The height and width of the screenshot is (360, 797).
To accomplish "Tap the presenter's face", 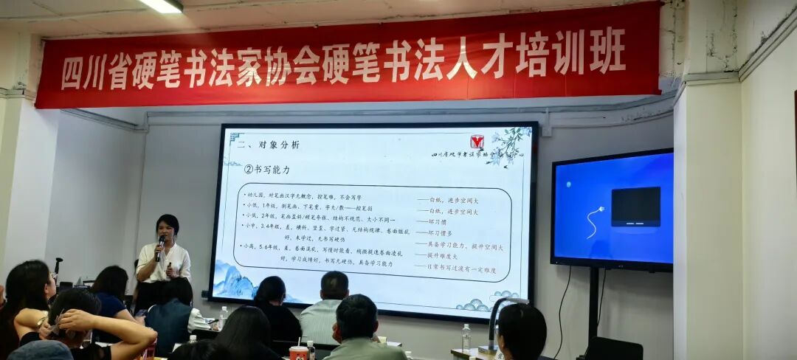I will click(168, 228).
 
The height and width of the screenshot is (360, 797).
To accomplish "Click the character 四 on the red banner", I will click(72, 73).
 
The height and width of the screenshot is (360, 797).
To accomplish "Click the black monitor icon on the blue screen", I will click(635, 206).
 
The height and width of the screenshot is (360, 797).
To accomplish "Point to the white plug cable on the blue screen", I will click(594, 222).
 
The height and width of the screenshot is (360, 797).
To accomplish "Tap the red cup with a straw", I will click(298, 353).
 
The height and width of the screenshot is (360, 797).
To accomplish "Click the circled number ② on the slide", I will click(249, 169).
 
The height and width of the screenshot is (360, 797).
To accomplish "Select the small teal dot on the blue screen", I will click(567, 184).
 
